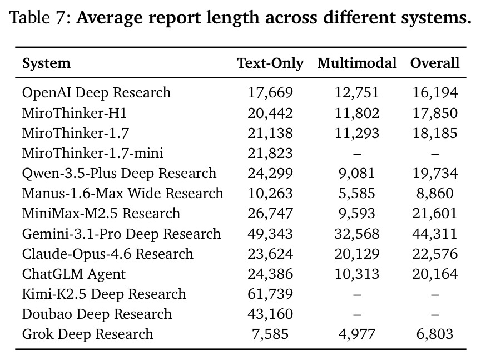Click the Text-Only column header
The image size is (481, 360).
tap(270, 63)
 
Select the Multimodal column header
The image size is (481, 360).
tap(357, 63)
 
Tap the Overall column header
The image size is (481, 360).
tap(435, 63)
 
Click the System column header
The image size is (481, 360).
tap(46, 63)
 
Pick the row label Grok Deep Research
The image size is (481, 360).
tap(88, 334)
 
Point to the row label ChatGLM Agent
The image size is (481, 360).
tap(74, 274)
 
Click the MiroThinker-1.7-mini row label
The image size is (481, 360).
tap(93, 153)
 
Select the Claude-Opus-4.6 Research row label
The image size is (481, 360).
tap(108, 254)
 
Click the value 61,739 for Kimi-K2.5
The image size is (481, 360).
tap(270, 294)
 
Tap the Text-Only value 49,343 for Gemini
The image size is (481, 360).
tap(270, 234)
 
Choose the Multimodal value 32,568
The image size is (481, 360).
tap(357, 234)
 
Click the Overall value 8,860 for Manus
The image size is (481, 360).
tap(435, 194)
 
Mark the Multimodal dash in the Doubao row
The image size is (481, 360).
tap(357, 314)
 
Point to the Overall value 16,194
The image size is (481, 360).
tap(435, 93)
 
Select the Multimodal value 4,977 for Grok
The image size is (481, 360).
tap(357, 334)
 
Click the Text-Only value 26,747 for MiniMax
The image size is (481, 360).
tap(270, 214)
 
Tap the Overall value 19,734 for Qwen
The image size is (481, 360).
tap(435, 174)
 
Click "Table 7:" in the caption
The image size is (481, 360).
tap(41, 17)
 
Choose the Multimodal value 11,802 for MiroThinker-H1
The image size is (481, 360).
tap(357, 114)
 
